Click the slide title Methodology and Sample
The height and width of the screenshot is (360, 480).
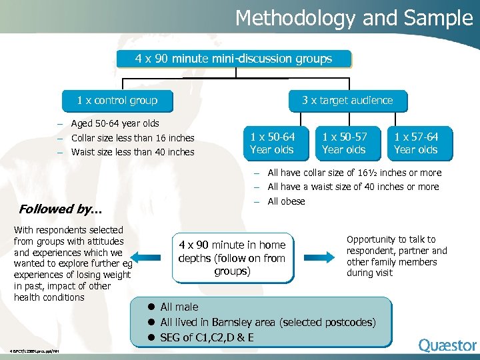tap(353, 18)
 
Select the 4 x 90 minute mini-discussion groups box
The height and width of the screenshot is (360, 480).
tap(233, 59)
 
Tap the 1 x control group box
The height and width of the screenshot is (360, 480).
tap(117, 101)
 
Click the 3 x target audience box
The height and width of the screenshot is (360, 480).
tap(347, 101)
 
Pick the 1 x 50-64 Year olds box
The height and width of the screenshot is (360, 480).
tap(272, 143)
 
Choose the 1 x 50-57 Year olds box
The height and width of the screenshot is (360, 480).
tap(344, 143)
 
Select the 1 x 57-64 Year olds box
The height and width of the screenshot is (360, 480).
tap(416, 143)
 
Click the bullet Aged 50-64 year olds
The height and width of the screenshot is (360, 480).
tap(115, 123)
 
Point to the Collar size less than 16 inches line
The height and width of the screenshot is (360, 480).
tap(132, 138)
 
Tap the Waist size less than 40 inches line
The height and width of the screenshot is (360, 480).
tap(132, 152)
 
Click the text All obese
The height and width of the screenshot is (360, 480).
tap(286, 201)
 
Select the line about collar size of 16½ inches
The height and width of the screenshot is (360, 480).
tap(353, 173)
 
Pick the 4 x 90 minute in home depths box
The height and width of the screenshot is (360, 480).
tap(232, 258)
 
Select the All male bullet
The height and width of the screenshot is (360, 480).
tap(179, 307)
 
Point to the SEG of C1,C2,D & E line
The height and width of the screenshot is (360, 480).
tap(207, 337)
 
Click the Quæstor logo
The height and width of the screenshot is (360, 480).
tap(447, 345)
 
